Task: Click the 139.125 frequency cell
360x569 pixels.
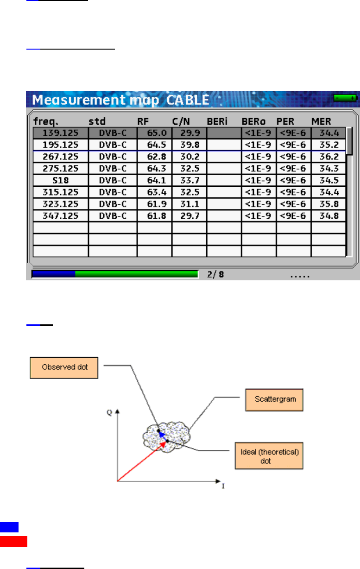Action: pos(60,133)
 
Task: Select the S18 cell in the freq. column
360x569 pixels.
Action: pos(60,180)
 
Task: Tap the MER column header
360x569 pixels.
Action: pos(321,122)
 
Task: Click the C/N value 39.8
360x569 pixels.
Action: pos(189,145)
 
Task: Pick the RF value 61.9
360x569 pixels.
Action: pos(155,204)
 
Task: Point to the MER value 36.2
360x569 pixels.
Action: pos(328,157)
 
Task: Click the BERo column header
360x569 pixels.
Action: pos(253,122)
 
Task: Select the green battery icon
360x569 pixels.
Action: pos(345,98)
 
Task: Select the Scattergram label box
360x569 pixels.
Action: pos(274,398)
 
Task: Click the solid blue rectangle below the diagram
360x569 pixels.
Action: pos(9,527)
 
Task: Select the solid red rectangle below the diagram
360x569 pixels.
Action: pos(13,542)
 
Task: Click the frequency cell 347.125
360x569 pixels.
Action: pos(60,216)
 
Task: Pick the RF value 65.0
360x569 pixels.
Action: pos(155,133)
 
